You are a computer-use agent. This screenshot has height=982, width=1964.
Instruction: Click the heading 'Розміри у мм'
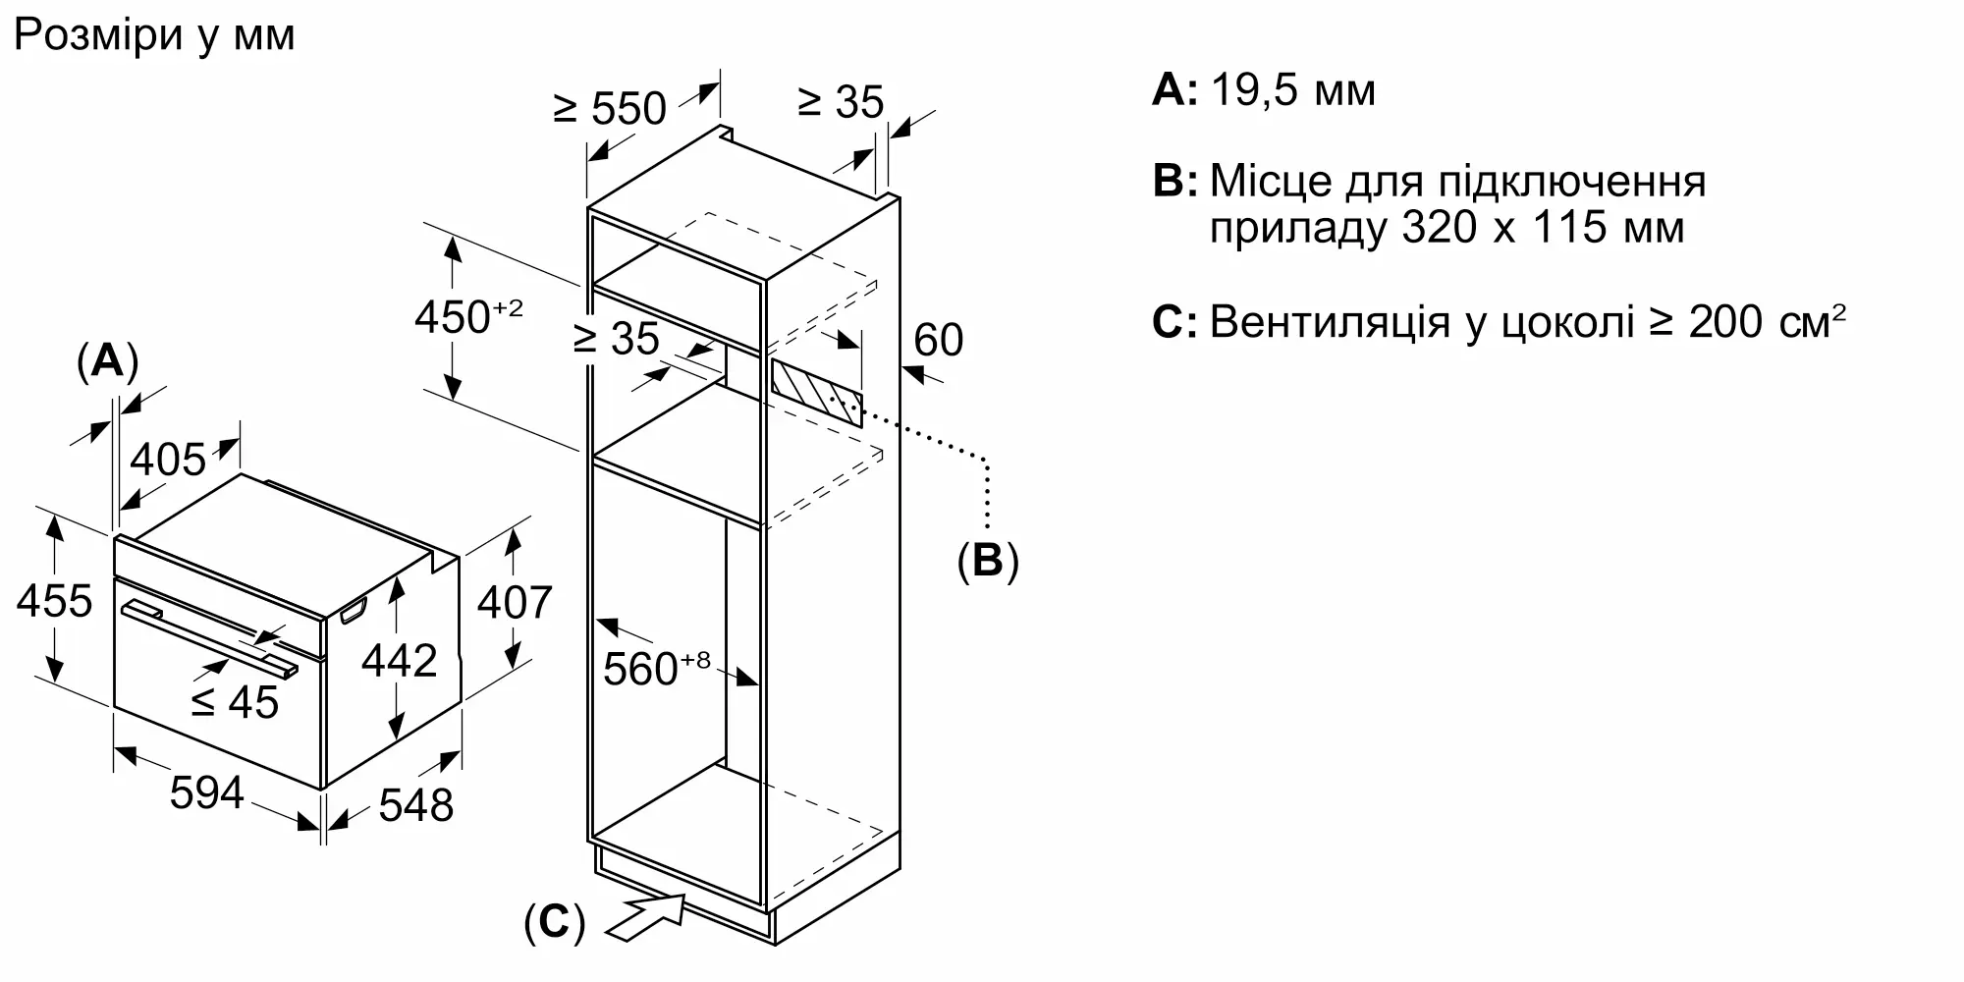click(x=154, y=36)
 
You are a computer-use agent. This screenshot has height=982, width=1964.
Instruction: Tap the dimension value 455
click(x=55, y=601)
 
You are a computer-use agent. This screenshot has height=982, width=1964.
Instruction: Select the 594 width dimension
click(x=206, y=792)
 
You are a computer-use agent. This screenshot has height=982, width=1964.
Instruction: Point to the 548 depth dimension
click(x=416, y=805)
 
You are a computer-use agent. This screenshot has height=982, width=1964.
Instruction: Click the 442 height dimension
click(x=399, y=661)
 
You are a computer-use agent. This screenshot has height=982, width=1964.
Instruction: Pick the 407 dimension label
click(x=515, y=602)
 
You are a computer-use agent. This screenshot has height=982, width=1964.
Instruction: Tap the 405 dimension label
click(x=169, y=459)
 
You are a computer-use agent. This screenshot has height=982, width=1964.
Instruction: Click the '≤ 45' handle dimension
click(x=235, y=702)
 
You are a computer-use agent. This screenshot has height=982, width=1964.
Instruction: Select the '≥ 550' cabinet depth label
click(x=610, y=108)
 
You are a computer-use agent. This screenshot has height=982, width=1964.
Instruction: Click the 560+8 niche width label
click(x=656, y=668)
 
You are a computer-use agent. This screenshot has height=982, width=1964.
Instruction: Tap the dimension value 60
click(x=939, y=340)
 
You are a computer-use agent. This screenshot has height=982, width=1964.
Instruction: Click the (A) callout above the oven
click(x=107, y=361)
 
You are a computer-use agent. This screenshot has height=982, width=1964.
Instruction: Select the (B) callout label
click(x=988, y=560)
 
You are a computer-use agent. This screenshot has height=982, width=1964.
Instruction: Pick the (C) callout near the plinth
click(x=555, y=923)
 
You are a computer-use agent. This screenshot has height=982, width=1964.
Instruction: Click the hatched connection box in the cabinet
click(x=817, y=393)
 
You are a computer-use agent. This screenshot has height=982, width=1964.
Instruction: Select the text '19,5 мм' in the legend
click(x=1293, y=90)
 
